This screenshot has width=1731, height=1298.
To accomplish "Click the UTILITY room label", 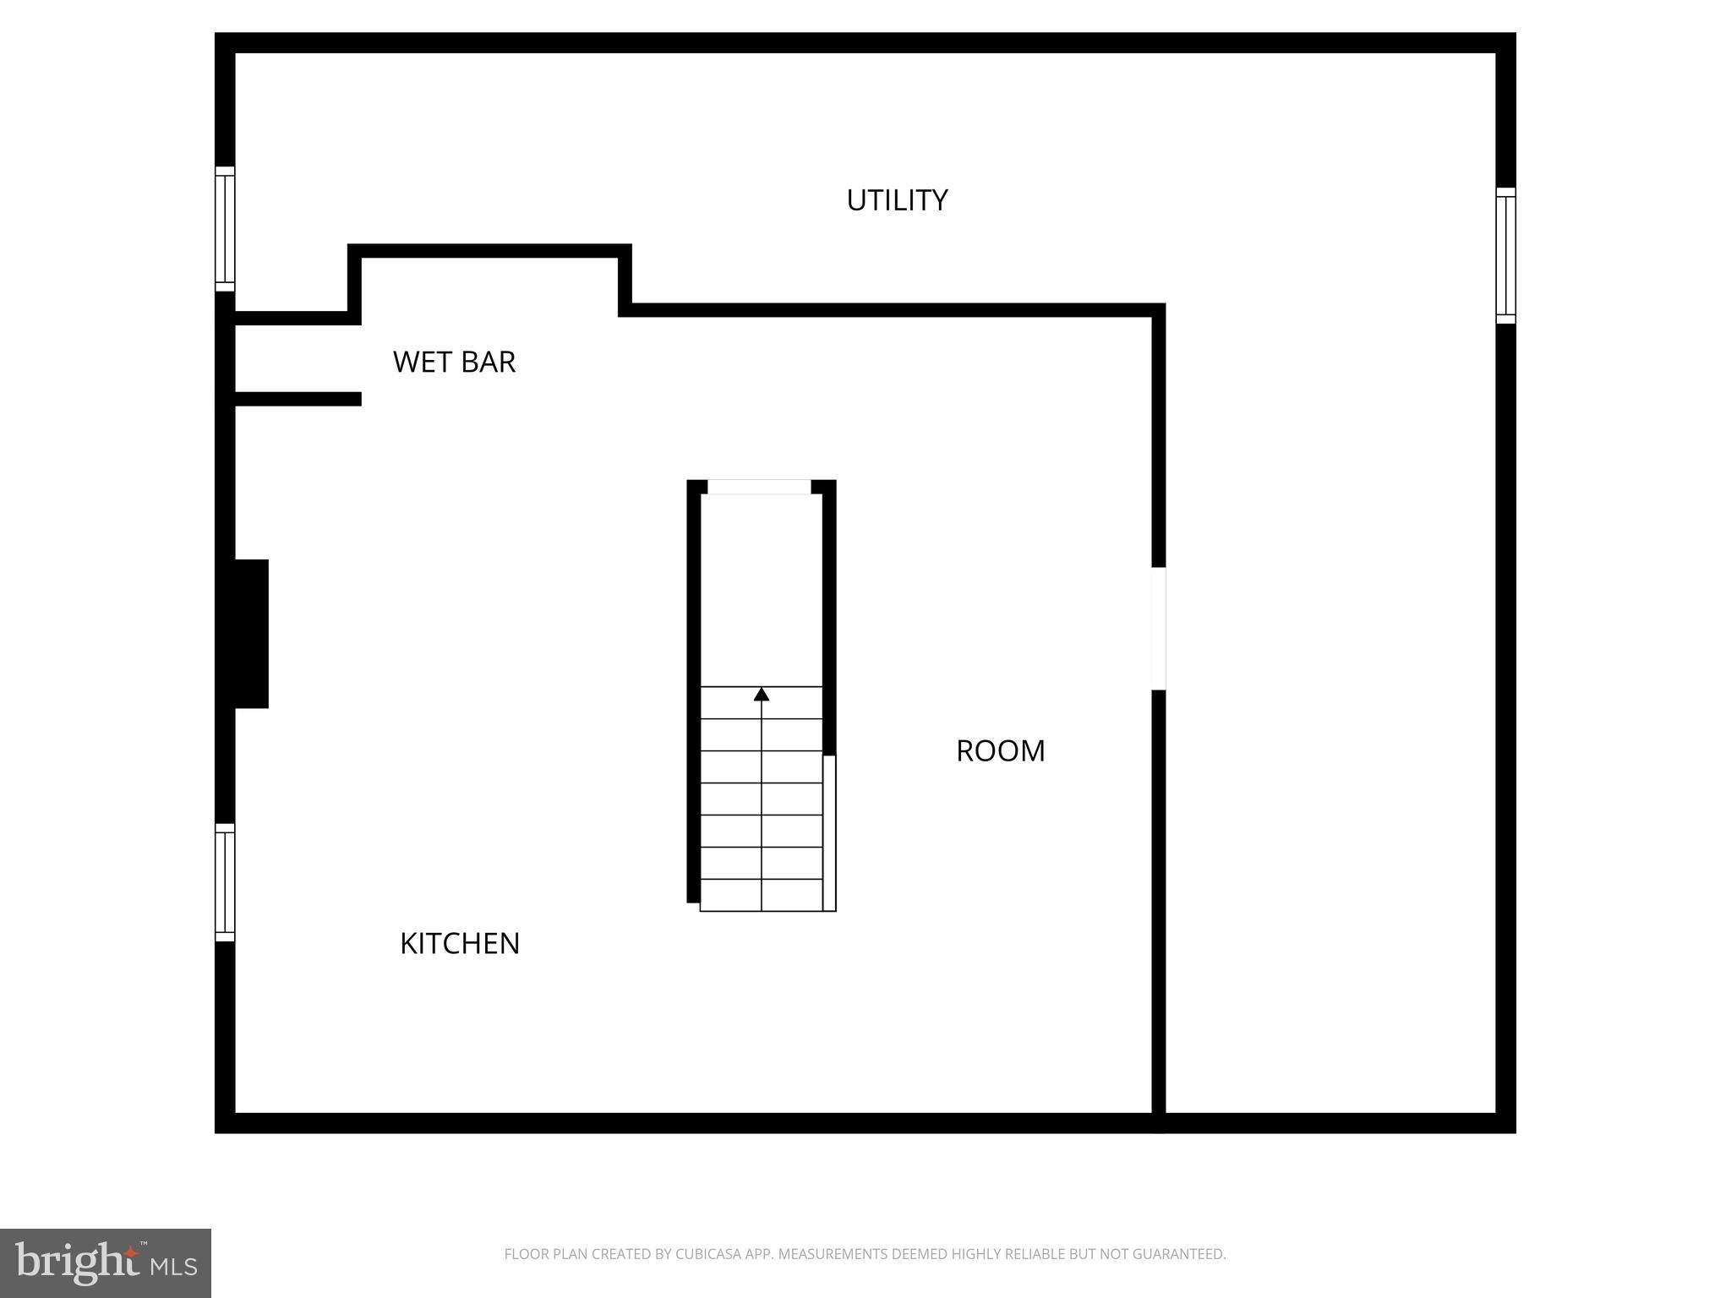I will (897, 200).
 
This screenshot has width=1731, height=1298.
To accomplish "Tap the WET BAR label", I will (454, 362).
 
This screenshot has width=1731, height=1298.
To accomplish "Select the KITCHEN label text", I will (459, 943).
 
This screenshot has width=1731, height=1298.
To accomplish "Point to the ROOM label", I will (1000, 750).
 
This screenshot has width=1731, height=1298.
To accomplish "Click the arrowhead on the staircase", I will (762, 695).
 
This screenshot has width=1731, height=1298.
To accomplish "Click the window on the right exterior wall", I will (1505, 255).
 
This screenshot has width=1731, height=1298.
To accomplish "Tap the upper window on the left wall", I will (225, 229).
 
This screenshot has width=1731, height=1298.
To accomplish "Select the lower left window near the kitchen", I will (225, 882).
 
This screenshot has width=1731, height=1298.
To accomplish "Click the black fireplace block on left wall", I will (251, 633).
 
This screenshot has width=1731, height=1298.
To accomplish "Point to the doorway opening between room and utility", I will (1159, 628).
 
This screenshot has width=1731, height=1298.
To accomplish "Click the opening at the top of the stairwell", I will (759, 487).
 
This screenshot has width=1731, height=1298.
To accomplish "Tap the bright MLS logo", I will (106, 1263).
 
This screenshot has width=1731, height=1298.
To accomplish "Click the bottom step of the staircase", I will (762, 896).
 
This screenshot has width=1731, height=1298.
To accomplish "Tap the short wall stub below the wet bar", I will (298, 399).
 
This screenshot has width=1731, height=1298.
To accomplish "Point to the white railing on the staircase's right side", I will (830, 832).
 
